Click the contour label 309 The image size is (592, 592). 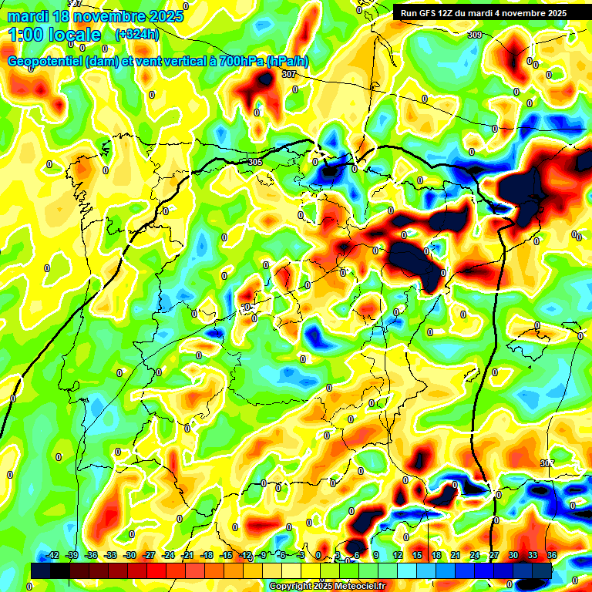[475, 35]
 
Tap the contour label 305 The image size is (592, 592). [256, 162]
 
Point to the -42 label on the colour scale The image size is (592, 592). [52, 555]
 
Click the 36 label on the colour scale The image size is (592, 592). [552, 555]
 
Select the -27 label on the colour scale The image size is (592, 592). [149, 555]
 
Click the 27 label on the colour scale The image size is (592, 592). [494, 555]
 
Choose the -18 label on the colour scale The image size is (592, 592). [206, 555]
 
